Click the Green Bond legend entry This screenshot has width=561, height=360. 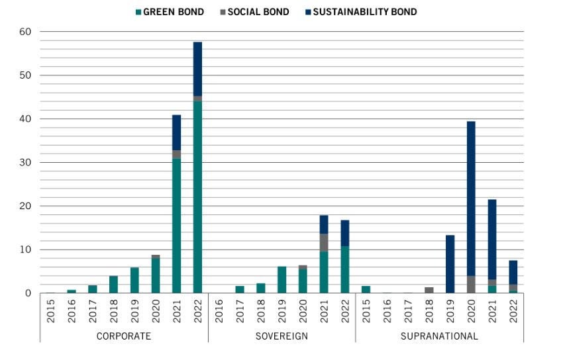point(172,12)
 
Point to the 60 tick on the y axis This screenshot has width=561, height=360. point(26,32)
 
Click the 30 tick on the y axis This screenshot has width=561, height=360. point(26,163)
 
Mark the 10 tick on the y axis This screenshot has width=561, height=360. point(26,249)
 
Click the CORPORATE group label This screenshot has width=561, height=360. point(124,336)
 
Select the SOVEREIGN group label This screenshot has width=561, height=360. point(281,336)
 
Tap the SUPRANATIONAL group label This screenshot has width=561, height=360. point(438,336)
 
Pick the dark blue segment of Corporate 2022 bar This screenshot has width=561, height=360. point(197,69)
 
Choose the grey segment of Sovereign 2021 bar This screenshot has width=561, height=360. point(324,242)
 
